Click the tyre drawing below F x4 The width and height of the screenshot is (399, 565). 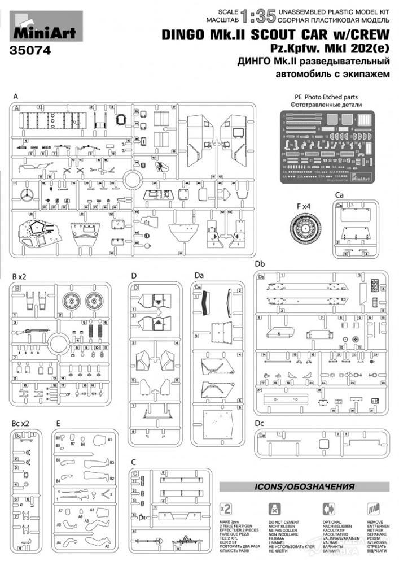click(305, 229)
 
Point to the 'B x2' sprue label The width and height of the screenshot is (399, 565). click(19, 276)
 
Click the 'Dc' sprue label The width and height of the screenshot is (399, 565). click(260, 423)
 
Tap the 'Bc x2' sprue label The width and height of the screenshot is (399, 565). click(20, 423)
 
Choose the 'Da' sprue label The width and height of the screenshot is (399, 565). click(198, 276)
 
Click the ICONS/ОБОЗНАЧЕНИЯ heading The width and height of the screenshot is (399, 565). click(304, 486)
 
